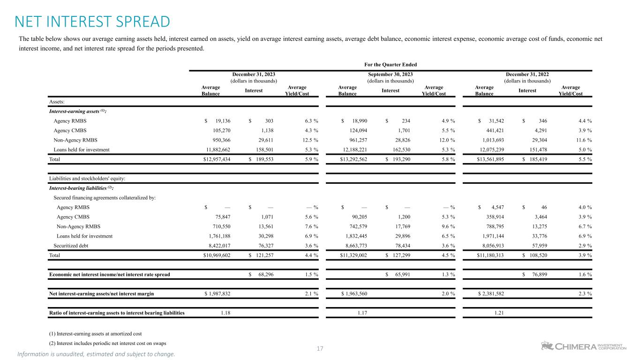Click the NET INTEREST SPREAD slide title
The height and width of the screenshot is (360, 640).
tap(92, 22)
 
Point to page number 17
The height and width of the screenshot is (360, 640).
tap(320, 348)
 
